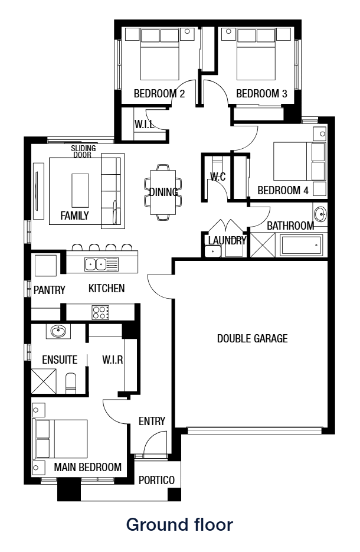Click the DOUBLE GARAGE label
pyautogui.click(x=252, y=339)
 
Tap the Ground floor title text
pyautogui.click(x=180, y=524)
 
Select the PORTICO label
pyautogui.click(x=156, y=480)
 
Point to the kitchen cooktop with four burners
pyautogui.click(x=100, y=312)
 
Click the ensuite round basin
pyautogui.click(x=58, y=332)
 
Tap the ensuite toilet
pyautogui.click(x=71, y=383)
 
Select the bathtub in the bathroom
pyautogui.click(x=302, y=245)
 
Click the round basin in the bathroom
pyautogui.click(x=319, y=213)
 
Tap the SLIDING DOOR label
pyautogui.click(x=83, y=152)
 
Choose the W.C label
pyautogui.click(x=218, y=177)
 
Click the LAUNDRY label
pyautogui.click(x=226, y=240)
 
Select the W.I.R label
pyautogui.click(x=112, y=360)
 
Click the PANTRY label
pyautogui.click(x=49, y=290)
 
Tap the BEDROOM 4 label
pyautogui.click(x=283, y=191)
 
